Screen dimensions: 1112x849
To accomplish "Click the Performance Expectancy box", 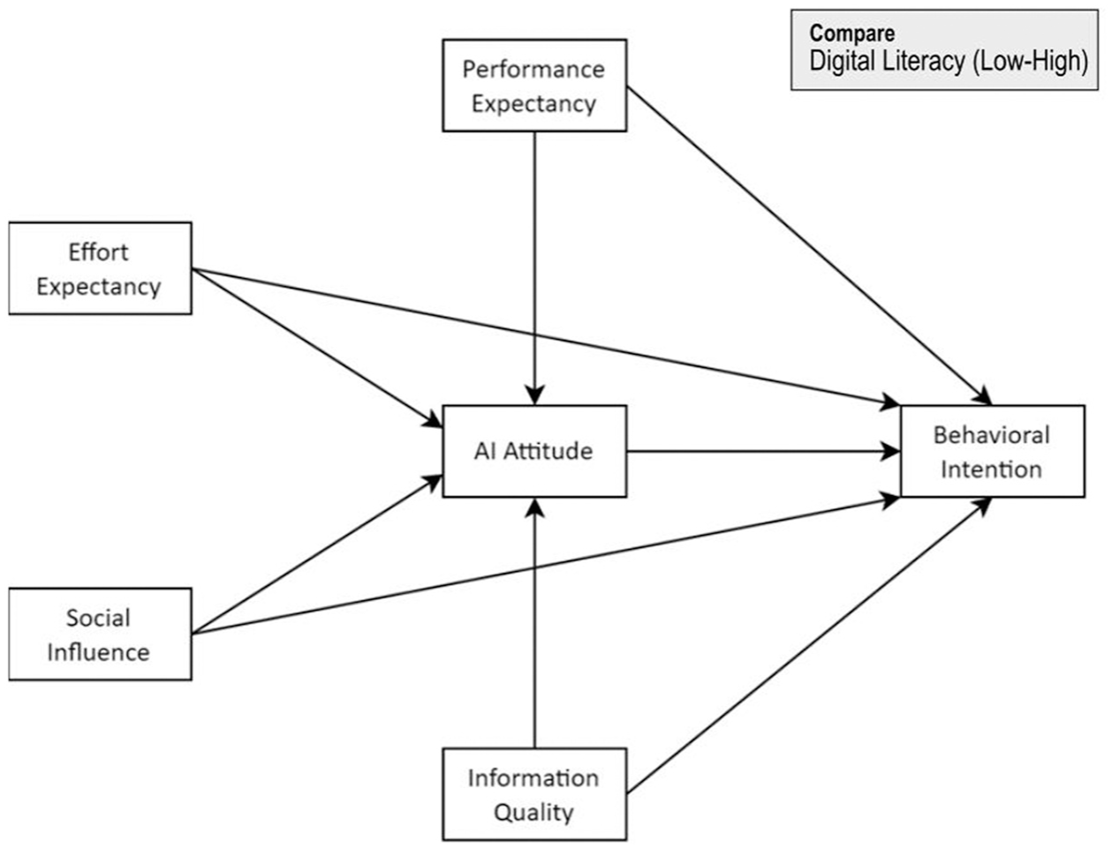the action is click(x=534, y=86).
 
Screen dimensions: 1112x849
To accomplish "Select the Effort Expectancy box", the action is click(x=101, y=268).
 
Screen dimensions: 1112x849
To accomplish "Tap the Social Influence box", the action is click(x=101, y=634).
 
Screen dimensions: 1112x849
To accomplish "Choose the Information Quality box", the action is click(x=534, y=794).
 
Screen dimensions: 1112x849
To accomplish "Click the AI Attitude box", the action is click(x=534, y=451).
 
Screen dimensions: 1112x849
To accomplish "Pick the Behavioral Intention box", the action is click(x=993, y=451).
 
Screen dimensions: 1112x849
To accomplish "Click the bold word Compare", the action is click(x=852, y=34).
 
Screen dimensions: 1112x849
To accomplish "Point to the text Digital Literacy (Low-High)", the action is click(x=949, y=61).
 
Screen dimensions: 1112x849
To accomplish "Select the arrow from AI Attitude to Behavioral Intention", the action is click(x=763, y=451).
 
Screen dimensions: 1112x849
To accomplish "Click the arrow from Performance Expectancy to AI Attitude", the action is click(x=534, y=268).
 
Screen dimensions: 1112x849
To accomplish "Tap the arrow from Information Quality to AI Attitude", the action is click(x=534, y=623).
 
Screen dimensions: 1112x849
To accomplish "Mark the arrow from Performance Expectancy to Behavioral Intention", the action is click(x=809, y=246).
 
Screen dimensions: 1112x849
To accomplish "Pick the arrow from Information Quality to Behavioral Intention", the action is click(x=809, y=645).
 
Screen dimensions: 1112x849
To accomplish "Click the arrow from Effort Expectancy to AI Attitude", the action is click(x=317, y=348).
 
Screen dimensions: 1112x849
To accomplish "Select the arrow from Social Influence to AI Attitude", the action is click(x=317, y=554).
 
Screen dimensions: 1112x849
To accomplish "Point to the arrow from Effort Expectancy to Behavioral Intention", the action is click(x=546, y=337).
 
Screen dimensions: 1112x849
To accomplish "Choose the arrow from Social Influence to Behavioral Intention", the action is click(x=546, y=566).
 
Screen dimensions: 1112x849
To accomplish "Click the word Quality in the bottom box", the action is click(x=534, y=813).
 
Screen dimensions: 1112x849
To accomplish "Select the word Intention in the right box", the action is click(x=991, y=470).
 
